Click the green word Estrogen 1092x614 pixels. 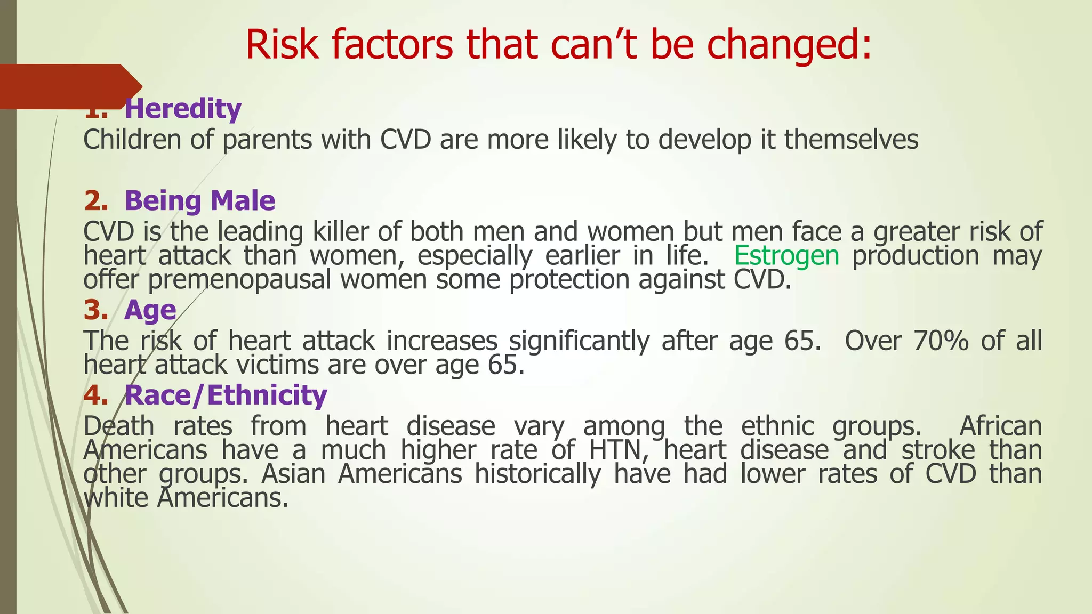786,255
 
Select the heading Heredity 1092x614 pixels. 183,109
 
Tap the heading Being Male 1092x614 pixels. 199,201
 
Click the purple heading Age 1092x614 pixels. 150,310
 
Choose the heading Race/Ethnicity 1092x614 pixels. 226,395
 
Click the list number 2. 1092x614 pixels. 95,201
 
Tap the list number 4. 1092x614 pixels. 95,395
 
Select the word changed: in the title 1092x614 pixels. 789,45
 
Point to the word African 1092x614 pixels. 1000,426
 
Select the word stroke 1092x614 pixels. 938,450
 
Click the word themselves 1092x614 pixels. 851,140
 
